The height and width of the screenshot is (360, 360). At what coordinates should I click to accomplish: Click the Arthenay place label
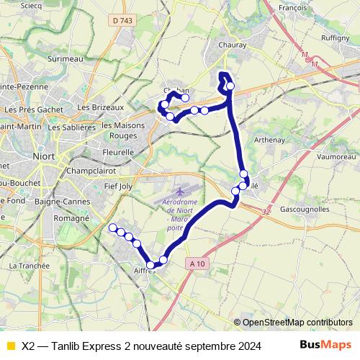(x=270, y=140)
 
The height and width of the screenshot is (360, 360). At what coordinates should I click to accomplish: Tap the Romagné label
(x=70, y=217)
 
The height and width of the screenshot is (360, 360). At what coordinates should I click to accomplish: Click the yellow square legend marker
(x=9, y=345)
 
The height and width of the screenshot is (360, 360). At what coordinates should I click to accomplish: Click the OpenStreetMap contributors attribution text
(x=297, y=322)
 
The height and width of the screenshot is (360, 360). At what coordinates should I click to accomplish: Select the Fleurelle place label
(x=118, y=153)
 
